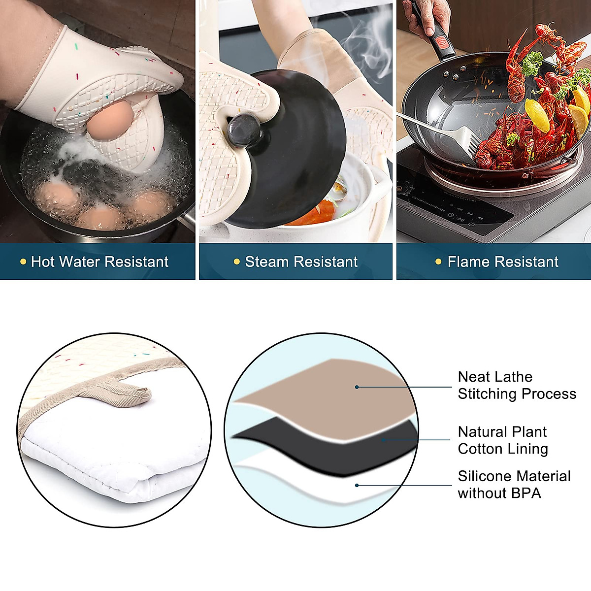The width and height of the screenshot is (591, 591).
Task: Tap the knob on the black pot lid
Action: (x=244, y=130)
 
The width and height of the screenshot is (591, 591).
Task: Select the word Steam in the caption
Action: (x=265, y=262)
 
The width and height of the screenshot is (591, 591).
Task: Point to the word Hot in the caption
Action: (x=42, y=262)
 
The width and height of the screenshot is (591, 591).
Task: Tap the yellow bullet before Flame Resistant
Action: (x=438, y=262)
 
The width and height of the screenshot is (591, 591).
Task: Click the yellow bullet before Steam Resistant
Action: (x=236, y=262)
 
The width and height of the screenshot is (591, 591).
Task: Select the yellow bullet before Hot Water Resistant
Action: (x=23, y=262)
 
